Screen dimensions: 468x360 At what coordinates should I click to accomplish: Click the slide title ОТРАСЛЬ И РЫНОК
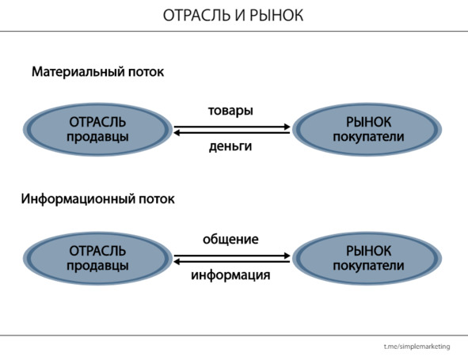point(233,15)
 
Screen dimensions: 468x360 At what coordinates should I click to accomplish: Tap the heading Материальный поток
point(98,72)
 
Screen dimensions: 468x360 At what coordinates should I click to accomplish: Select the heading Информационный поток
point(98,199)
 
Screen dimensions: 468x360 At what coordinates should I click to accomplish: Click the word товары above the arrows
point(230,111)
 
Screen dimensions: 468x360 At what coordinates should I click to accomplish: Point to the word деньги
point(230,146)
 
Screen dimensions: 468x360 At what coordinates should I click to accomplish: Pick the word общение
point(230,239)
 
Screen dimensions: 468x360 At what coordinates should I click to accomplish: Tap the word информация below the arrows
point(230,275)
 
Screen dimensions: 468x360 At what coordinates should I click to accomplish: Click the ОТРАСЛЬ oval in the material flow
point(98,130)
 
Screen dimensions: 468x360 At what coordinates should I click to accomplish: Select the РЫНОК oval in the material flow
point(367,130)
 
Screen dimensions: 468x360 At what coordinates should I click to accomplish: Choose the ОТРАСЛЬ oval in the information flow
point(98,258)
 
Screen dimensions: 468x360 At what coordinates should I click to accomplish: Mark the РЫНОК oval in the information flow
point(367,258)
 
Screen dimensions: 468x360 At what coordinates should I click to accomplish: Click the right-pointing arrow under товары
point(232,127)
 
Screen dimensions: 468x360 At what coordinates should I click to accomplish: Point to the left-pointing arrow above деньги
point(231,133)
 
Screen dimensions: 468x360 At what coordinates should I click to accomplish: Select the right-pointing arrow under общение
point(232,256)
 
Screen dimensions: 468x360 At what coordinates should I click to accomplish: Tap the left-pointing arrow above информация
point(231,262)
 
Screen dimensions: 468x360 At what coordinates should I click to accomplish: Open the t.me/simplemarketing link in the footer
point(417,347)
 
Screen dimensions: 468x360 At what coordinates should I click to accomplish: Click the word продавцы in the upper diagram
point(98,137)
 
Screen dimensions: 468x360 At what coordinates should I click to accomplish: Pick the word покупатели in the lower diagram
point(368,266)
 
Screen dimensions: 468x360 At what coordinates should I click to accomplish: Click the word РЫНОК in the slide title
point(276,15)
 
